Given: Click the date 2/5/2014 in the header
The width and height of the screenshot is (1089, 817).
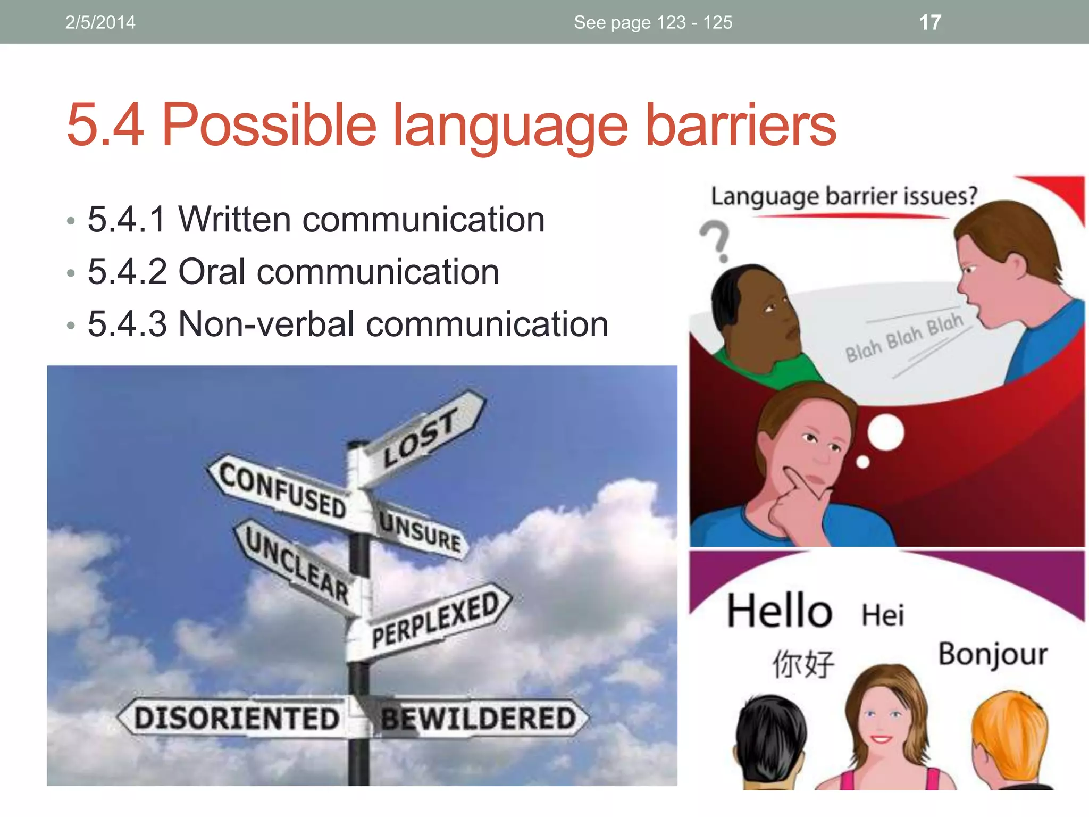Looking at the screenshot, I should (x=100, y=22).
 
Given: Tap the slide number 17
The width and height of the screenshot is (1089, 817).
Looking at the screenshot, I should (x=930, y=22).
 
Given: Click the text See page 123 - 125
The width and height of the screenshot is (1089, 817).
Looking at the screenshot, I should (x=653, y=22).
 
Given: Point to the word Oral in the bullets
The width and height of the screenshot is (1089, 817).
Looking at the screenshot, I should (x=211, y=271).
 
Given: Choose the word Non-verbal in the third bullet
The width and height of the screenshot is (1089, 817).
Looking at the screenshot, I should (x=266, y=323).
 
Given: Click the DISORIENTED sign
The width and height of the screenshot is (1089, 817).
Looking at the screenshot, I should (x=237, y=718).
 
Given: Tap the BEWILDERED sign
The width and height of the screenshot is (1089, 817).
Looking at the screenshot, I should (x=479, y=718).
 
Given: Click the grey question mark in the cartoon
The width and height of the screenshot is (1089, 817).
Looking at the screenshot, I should (x=715, y=240).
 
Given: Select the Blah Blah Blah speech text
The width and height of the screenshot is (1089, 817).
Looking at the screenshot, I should (x=904, y=337).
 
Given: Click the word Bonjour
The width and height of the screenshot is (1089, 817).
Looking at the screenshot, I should (x=992, y=654).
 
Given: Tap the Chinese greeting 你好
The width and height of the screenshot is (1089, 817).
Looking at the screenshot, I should (x=803, y=664).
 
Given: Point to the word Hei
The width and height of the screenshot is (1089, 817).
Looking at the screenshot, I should (x=883, y=615).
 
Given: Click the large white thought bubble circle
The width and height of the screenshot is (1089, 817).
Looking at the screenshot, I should (x=886, y=432).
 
